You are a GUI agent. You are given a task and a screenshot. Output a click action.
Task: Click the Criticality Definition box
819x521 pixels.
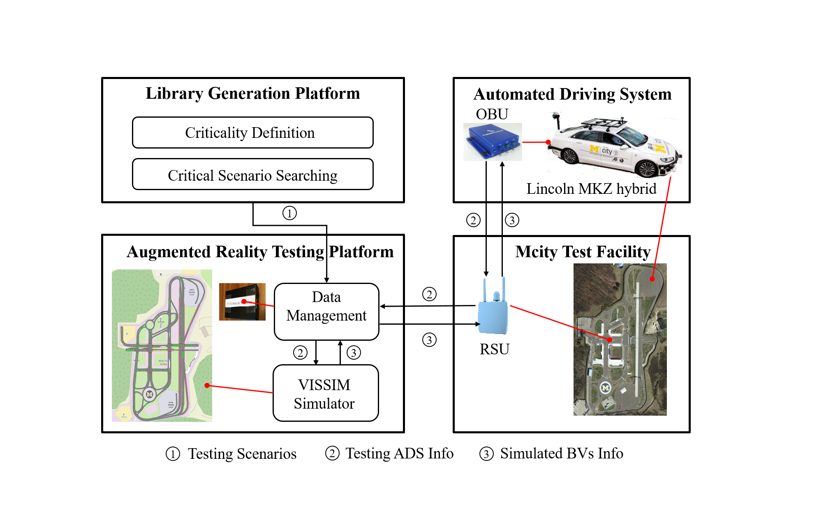point(252,133)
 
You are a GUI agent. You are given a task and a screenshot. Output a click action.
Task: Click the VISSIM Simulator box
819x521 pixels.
point(325,393)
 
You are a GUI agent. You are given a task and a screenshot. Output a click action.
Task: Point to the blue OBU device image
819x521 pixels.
point(492,142)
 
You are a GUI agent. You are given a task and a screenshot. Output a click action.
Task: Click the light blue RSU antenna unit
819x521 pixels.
point(493,309)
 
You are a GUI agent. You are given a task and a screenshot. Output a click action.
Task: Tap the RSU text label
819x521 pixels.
point(494,349)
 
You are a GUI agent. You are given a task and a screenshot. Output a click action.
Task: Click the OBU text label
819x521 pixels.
point(492,114)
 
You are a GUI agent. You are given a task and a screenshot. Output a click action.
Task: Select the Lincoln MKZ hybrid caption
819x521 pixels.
point(591,188)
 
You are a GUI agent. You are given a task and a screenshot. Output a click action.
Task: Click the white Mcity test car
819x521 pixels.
point(613,146)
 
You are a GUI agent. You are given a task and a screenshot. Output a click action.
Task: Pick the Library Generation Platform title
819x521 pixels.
point(252,93)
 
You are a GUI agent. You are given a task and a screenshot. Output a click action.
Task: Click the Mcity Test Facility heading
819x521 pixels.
point(583,251)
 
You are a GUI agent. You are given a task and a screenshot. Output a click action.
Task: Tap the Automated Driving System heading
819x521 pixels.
point(572,94)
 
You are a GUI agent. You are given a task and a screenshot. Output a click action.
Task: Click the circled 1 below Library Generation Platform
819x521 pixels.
point(289,213)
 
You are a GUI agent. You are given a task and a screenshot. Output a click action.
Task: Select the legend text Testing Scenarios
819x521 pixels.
point(242,454)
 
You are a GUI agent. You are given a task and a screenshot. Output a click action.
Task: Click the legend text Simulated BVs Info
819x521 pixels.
point(561,453)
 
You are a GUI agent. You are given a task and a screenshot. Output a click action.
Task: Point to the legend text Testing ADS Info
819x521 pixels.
point(399,453)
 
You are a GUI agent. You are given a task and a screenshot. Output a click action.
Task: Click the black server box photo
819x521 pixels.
point(242,302)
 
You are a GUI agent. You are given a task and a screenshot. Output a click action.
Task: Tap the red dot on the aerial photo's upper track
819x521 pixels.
point(652,279)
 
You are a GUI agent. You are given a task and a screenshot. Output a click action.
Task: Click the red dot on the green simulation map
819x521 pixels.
point(207,385)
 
